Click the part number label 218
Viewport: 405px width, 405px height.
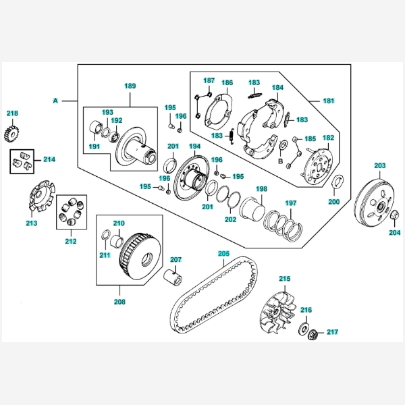click(x=13, y=113)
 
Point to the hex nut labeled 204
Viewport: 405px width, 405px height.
click(x=394, y=215)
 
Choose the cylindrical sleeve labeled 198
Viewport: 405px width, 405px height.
click(x=254, y=205)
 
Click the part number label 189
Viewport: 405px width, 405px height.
click(x=130, y=86)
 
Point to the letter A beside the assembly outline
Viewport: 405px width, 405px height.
click(x=55, y=101)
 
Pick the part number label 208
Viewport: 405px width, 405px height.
click(x=119, y=302)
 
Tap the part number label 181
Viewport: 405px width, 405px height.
click(x=328, y=101)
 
